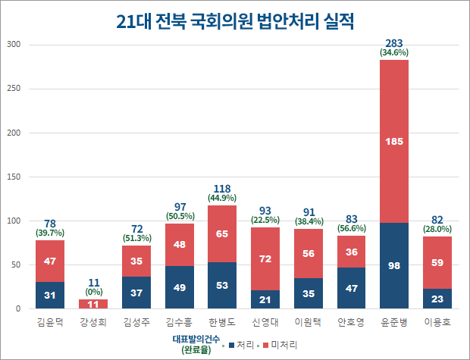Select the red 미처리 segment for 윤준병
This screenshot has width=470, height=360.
pos(394,141)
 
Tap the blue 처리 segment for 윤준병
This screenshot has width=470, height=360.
pos(394,266)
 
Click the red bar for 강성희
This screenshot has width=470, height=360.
pos(92,304)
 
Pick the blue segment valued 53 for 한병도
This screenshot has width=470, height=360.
pos(222,286)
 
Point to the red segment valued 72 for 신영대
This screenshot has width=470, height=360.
pos(265,258)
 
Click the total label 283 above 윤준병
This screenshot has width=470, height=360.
pos(394,42)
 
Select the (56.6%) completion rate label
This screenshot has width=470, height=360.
pos(351,229)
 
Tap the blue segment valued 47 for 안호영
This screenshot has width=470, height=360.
pos(351,288)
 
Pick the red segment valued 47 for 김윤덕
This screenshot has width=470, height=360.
pos(49,261)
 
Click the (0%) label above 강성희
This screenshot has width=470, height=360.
pos(92,291)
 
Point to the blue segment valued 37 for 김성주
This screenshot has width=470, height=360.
pos(136,293)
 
